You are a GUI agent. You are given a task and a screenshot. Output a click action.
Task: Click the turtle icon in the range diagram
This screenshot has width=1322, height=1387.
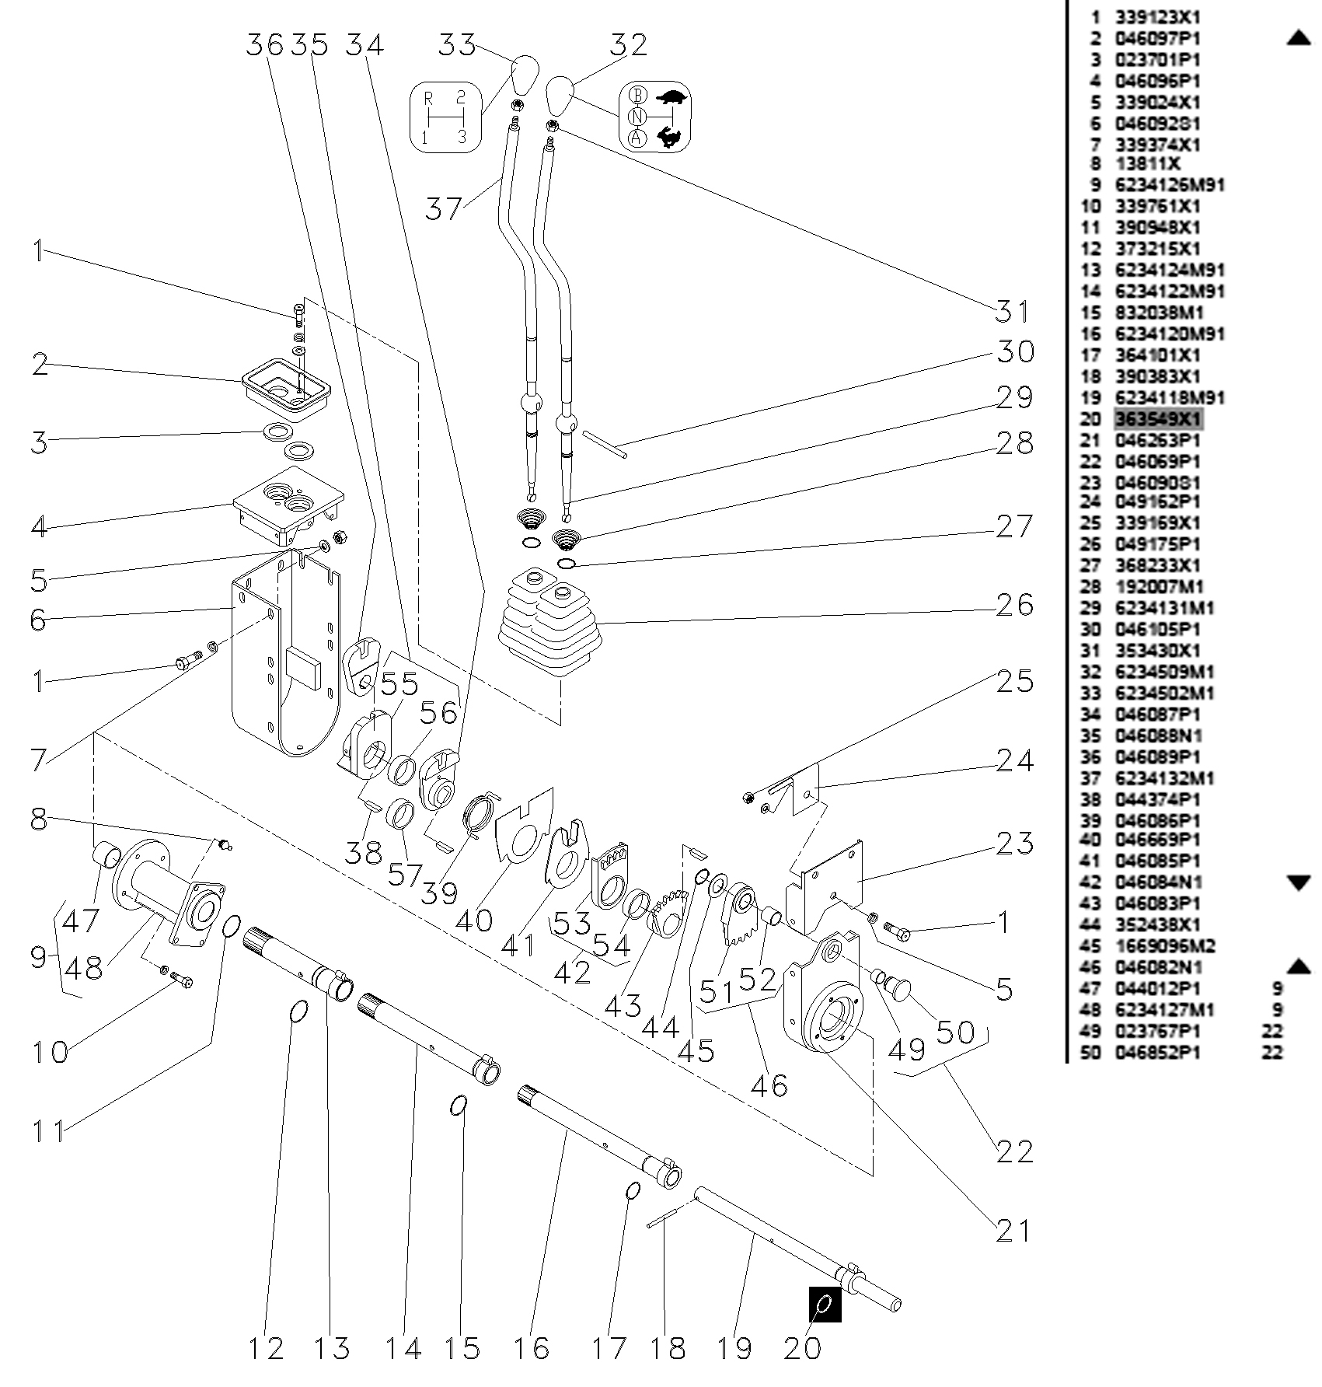pyautogui.click(x=673, y=98)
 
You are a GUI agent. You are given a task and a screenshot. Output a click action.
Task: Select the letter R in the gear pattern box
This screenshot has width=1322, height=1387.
pyautogui.click(x=428, y=98)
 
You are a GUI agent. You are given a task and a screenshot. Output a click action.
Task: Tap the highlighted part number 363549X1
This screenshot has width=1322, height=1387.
pyautogui.click(x=1158, y=420)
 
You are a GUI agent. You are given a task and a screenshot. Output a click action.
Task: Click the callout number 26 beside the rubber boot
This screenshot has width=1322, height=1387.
pyautogui.click(x=1015, y=604)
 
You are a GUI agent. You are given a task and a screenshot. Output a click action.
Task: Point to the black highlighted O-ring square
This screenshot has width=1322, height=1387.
pyautogui.click(x=825, y=1304)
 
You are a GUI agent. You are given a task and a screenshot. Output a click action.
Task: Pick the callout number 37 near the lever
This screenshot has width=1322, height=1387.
pyautogui.click(x=444, y=208)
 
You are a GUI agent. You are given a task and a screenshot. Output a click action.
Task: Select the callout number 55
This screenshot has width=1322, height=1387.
pyautogui.click(x=399, y=685)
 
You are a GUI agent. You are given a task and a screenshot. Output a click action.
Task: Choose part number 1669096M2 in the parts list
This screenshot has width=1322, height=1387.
pyautogui.click(x=1164, y=946)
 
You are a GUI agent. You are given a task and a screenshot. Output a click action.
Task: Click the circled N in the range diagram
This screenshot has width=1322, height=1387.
pyautogui.click(x=638, y=117)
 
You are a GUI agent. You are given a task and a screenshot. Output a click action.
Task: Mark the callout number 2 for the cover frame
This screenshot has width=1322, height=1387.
pyautogui.click(x=40, y=364)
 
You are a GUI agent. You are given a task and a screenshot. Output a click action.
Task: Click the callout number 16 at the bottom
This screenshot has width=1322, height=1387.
pyautogui.click(x=532, y=1349)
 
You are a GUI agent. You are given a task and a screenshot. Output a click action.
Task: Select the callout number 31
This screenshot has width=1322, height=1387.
pyautogui.click(x=1013, y=312)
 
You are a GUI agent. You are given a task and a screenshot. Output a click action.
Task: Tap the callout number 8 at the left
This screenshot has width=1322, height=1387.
pyautogui.click(x=39, y=819)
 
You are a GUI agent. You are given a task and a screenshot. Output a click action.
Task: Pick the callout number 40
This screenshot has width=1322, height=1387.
pyautogui.click(x=474, y=920)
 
